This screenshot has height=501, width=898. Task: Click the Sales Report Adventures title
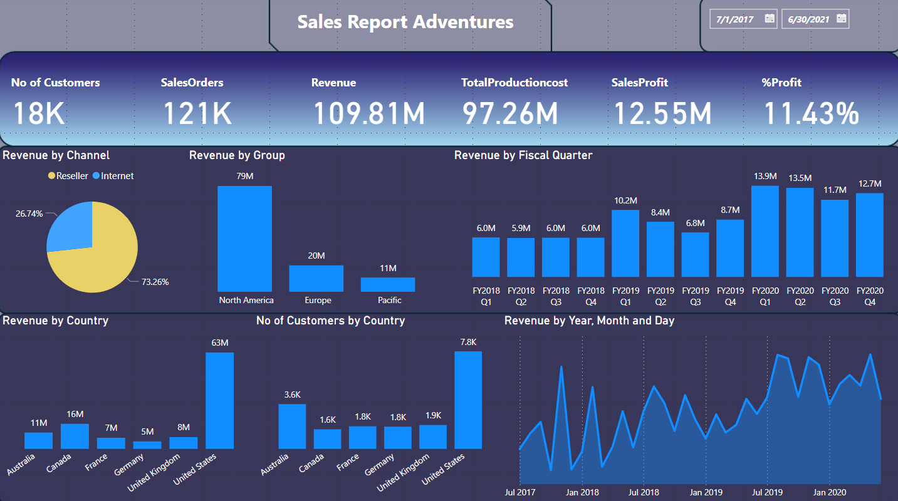[405, 22]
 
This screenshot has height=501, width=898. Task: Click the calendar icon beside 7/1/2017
[770, 19]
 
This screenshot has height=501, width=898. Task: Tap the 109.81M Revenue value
[368, 113]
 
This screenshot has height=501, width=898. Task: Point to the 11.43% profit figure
[811, 113]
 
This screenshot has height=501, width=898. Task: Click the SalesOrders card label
[192, 83]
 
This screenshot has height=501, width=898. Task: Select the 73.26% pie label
[155, 282]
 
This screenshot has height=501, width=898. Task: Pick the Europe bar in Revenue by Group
[316, 279]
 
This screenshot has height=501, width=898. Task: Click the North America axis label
[246, 301]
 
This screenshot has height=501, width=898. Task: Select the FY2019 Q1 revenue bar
[625, 243]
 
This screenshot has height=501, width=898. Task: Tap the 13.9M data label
[765, 177]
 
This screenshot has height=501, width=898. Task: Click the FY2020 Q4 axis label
[870, 296]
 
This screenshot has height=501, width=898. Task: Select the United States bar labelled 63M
[219, 401]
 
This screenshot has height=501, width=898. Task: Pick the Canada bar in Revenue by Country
[75, 436]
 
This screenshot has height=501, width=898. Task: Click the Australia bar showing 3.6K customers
[292, 426]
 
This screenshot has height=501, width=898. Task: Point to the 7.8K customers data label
[468, 342]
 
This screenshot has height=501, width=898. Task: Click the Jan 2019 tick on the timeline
[705, 492]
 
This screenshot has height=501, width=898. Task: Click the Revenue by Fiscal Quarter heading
[523, 155]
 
